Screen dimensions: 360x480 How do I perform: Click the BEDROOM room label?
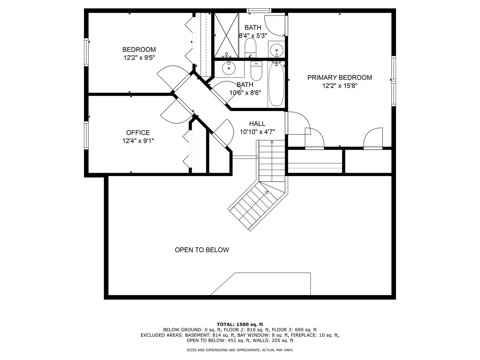[139, 50]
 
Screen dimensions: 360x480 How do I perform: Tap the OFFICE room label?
[138, 133]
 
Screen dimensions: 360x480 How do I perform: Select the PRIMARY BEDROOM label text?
[339, 78]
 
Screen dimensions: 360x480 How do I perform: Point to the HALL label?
[257, 124]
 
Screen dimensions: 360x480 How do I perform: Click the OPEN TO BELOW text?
[202, 250]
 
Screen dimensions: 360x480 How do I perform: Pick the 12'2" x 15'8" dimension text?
[340, 86]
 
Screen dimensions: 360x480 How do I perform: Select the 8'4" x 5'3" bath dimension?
[253, 36]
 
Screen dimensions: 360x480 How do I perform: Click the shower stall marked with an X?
[226, 35]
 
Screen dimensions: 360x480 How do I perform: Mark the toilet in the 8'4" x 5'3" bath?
[250, 48]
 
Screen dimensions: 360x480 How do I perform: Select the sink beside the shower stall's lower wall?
[229, 68]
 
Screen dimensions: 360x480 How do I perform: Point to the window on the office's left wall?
[87, 135]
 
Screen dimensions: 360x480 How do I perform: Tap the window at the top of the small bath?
[259, 11]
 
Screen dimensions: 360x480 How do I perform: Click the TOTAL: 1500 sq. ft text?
[240, 324]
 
